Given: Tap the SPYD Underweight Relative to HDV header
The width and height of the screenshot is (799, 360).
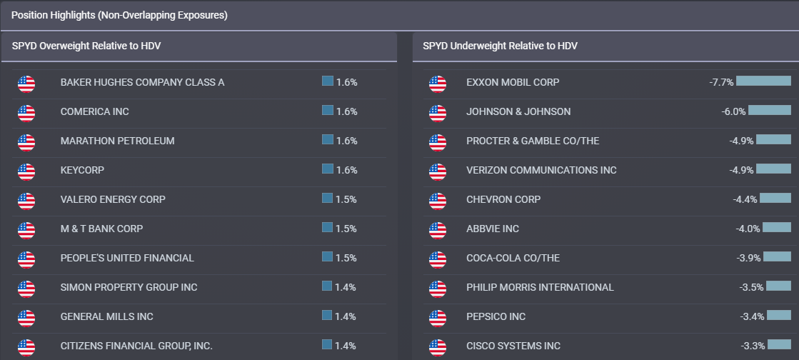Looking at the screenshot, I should coord(500,46).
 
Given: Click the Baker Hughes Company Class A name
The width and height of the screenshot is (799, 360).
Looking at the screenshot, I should coord(142,82).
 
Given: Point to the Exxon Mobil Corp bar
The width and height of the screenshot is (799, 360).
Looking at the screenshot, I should coord(763,81).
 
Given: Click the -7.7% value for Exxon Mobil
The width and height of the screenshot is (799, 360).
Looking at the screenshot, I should coord(721,82).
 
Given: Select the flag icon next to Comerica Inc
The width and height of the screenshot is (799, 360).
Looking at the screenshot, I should coord(26,112).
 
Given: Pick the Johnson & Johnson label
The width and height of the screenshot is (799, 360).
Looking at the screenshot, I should coord(518,111).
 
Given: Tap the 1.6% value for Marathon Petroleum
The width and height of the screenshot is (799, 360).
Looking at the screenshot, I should coord(346,141).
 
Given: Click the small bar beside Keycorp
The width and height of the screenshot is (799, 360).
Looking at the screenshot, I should coord(328,169).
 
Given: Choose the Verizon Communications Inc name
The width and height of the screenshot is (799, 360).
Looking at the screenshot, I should coord(541,170).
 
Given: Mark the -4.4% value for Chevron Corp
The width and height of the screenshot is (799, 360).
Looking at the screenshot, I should coord(745,199).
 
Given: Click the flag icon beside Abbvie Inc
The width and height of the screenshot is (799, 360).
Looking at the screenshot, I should coord(438,229).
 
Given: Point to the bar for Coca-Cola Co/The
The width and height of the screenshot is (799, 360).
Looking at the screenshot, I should coord(778,257).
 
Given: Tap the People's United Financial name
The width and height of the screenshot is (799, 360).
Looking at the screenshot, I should coord(127,258).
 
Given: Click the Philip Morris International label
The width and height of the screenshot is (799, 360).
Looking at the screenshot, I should coord(539,287).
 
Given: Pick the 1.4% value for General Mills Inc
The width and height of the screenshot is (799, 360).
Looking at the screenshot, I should coord(346,316).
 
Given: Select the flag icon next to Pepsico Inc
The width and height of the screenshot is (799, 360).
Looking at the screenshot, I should coord(438,317).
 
